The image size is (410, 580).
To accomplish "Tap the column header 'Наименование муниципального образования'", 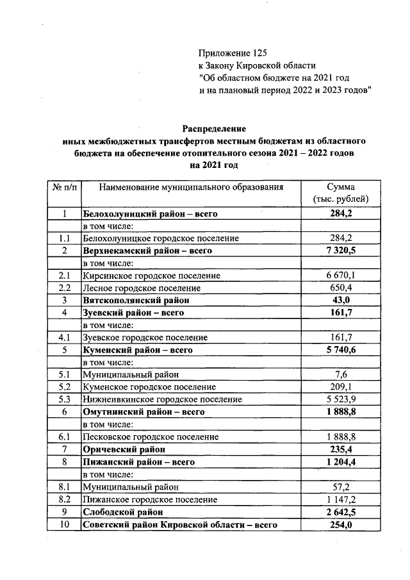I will (x=191, y=188).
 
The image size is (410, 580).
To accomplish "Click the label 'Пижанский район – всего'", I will (x=138, y=461).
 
